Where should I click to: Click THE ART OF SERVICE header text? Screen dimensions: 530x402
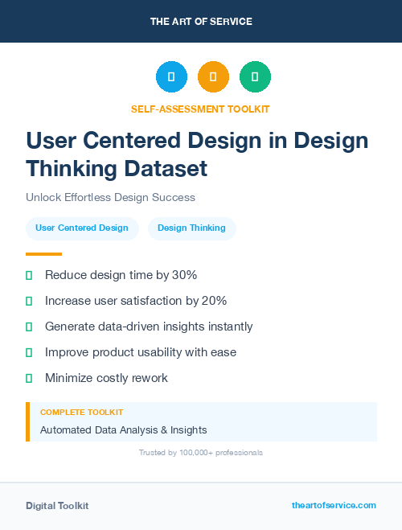pyautogui.click(x=201, y=22)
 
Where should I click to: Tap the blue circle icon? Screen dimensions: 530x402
pyautogui.click(x=171, y=77)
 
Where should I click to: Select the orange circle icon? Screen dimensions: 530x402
pyautogui.click(x=213, y=77)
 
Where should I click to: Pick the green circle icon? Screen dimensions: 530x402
pyautogui.click(x=255, y=77)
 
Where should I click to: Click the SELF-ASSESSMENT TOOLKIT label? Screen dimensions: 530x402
pyautogui.click(x=200, y=109)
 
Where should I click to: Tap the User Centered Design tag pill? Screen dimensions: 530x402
pyautogui.click(x=82, y=228)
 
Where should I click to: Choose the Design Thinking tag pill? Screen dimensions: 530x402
pyautogui.click(x=191, y=228)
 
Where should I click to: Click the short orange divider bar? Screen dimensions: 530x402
pyautogui.click(x=43, y=254)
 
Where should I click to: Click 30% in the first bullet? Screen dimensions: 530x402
pyautogui.click(x=185, y=275)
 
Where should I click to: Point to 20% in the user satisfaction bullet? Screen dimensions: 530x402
pyautogui.click(x=214, y=301)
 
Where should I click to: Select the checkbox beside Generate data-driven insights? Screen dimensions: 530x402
pyautogui.click(x=29, y=327)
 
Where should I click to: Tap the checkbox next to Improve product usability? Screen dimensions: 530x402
pyautogui.click(x=29, y=352)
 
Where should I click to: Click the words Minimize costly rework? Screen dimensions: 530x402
pyautogui.click(x=106, y=378)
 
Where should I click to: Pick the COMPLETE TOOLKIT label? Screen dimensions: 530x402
pyautogui.click(x=81, y=413)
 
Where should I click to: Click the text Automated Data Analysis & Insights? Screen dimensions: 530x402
pyautogui.click(x=123, y=430)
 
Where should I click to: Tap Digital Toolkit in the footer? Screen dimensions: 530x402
pyautogui.click(x=57, y=506)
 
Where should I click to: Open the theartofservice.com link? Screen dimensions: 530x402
pyautogui.click(x=334, y=505)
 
